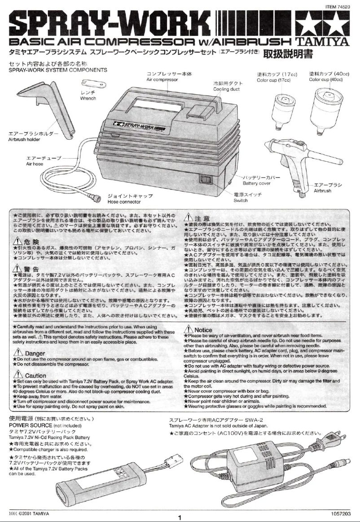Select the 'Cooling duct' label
tap(227, 89)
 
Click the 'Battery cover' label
tap(256, 183)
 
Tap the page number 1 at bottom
tap(180, 518)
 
